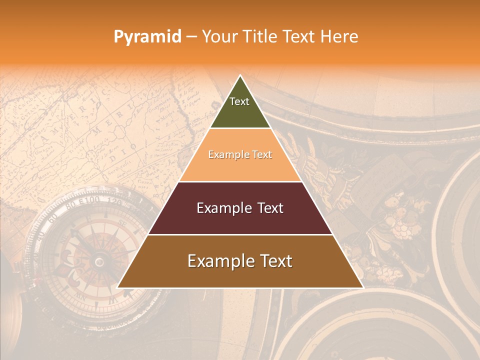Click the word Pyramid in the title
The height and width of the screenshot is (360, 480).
coord(147,36)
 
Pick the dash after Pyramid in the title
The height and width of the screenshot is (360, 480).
coord(191,37)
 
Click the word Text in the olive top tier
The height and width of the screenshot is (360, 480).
coord(239,101)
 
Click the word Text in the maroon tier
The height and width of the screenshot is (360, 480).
coord(269,208)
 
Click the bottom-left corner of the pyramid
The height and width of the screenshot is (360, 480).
coord(117,287)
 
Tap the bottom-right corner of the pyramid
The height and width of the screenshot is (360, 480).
coord(363,287)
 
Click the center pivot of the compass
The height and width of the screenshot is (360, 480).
coord(99,261)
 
